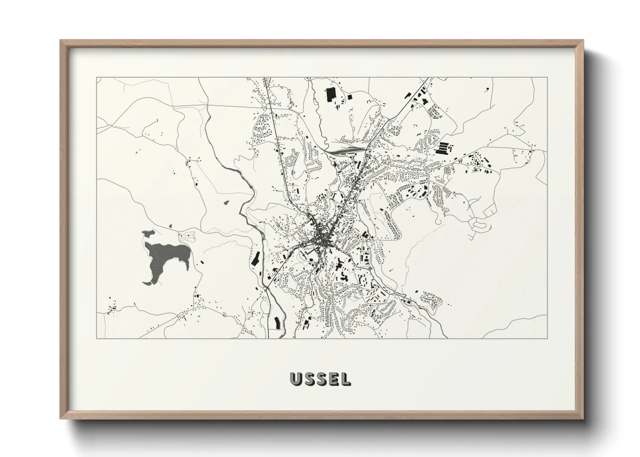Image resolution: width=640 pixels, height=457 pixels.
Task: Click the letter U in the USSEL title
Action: pos(297,379)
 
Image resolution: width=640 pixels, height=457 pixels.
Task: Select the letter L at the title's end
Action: pos(346,379)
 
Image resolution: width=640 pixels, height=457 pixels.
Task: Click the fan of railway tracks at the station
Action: pos(344,151)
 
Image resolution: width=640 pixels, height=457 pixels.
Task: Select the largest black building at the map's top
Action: pos(331,94)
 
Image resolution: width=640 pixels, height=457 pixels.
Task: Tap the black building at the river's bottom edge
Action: pos(277,322)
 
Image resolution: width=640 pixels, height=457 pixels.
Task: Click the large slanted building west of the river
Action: pos(255,259)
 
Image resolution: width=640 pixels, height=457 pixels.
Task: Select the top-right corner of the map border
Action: pos(547,78)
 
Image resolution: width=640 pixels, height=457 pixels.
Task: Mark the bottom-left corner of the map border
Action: pos(96,338)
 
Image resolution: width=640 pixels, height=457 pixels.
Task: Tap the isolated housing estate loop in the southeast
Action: pos(431,298)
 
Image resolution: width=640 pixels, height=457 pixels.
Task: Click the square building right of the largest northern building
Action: pos(349,97)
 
